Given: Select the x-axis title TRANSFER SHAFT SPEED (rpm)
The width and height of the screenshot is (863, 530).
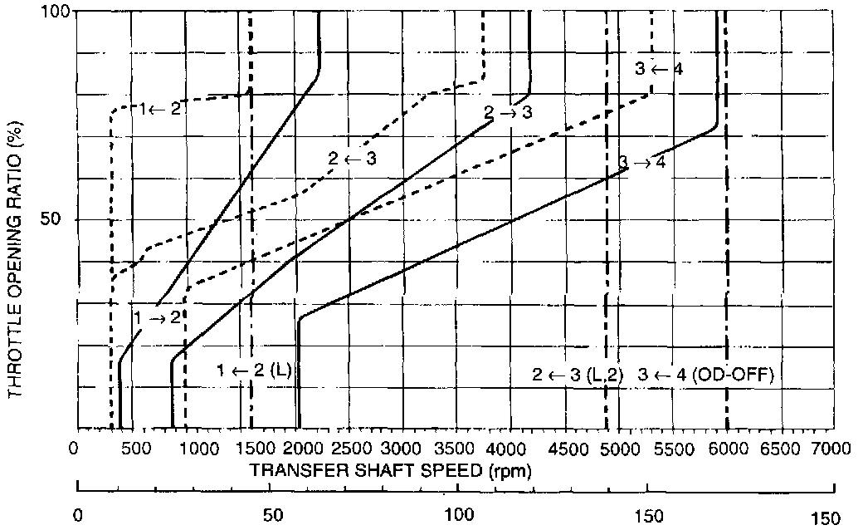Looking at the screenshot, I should [390, 470].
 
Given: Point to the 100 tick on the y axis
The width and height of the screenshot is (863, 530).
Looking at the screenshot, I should [54, 12].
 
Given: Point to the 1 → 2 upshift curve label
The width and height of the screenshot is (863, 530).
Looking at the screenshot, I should [157, 317].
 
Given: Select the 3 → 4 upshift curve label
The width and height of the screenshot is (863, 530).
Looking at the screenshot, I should [641, 162].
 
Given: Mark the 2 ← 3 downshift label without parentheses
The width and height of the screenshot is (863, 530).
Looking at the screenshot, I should [352, 157].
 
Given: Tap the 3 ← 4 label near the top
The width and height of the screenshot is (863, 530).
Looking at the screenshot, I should [659, 69].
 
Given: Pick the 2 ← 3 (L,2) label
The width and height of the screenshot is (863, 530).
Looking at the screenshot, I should [577, 375].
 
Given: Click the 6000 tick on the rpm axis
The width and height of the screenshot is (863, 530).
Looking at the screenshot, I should [728, 449].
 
